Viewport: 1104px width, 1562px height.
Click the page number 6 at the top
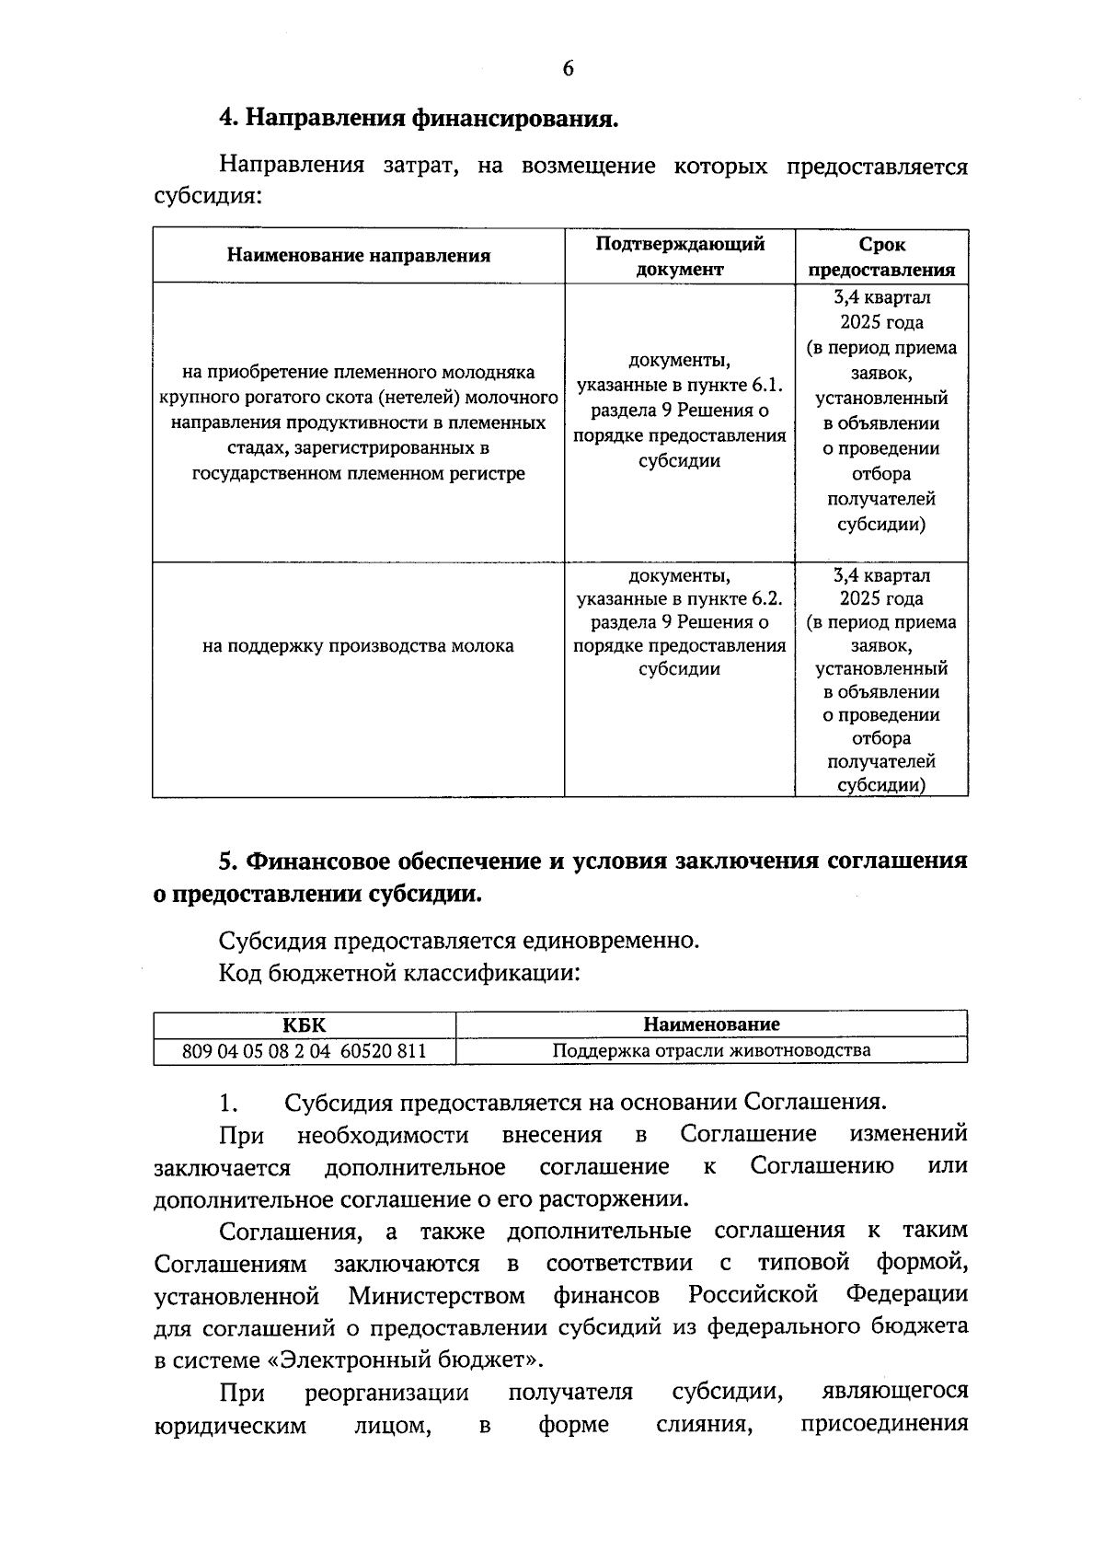click(567, 69)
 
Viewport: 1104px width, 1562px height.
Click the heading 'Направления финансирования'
click(431, 120)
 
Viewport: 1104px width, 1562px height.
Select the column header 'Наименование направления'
click(359, 256)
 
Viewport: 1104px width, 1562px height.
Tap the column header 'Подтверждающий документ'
click(680, 256)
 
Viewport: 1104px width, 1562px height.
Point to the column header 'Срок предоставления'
click(881, 256)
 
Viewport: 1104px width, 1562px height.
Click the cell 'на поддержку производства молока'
click(359, 646)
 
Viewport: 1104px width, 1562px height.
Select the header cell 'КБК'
click(305, 1024)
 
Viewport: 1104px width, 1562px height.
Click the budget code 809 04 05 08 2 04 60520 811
click(305, 1050)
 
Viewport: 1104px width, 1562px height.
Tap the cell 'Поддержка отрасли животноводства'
click(711, 1050)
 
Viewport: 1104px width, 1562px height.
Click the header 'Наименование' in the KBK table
click(711, 1024)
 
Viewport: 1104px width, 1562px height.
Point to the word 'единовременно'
click(610, 941)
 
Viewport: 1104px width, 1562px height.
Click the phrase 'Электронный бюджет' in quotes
click(407, 1360)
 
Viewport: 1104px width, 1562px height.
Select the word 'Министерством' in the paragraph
click(437, 1295)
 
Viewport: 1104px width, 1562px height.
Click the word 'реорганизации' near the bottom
click(386, 1393)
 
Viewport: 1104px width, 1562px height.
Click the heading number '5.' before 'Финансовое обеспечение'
click(229, 862)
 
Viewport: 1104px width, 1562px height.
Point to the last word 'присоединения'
click(884, 1425)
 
